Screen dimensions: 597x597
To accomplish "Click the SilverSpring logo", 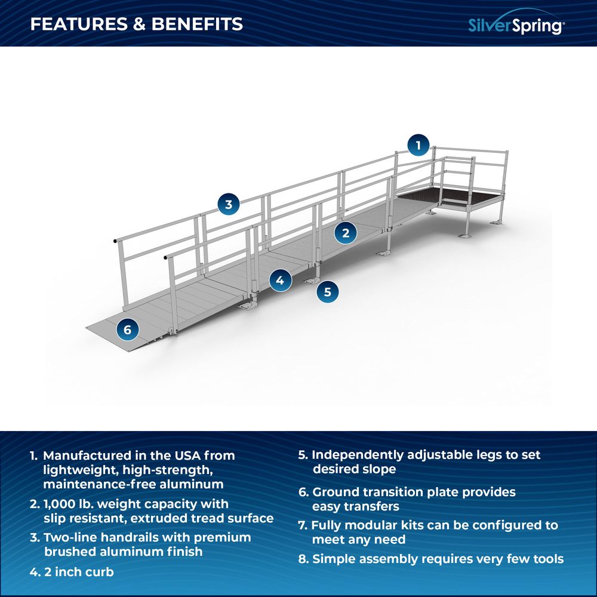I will (x=515, y=24).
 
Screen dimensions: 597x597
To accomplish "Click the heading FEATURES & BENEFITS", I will (x=137, y=24).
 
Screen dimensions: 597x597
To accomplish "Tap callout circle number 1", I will (x=418, y=145).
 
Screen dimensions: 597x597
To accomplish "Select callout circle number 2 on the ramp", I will (x=346, y=233).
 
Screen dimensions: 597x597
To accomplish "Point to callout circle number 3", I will (x=228, y=205).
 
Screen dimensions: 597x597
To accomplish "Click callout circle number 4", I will (x=280, y=279).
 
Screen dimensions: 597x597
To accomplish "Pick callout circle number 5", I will (x=327, y=292).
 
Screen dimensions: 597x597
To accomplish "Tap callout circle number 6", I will (x=128, y=329).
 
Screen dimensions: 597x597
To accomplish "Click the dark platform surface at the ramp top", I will (x=454, y=196).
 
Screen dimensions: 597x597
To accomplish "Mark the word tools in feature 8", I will (x=546, y=559).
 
